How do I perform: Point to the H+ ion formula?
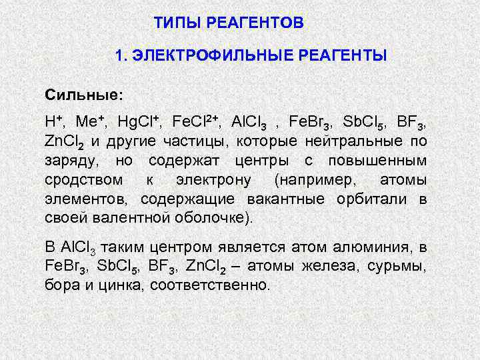tap(54, 123)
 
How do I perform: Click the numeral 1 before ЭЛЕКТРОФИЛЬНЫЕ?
tap(119, 55)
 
